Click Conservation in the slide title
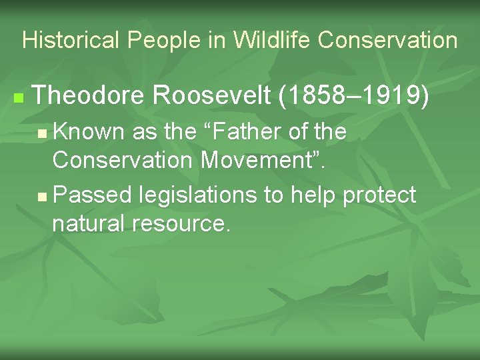point(387,41)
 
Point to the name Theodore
point(87,97)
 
